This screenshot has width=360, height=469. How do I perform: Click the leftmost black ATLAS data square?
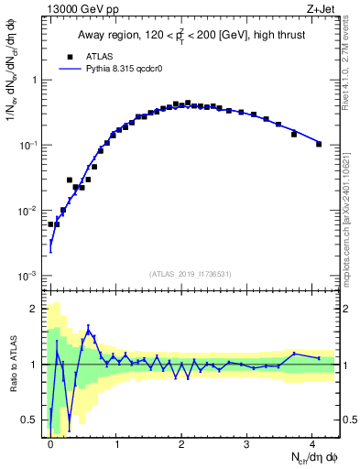[51, 224]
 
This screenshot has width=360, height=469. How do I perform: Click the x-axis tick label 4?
[313, 442]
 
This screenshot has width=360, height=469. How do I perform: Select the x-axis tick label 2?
[182, 442]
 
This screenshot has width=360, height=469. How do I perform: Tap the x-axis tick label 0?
[50, 442]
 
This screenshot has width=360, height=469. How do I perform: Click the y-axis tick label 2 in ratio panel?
[35, 309]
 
